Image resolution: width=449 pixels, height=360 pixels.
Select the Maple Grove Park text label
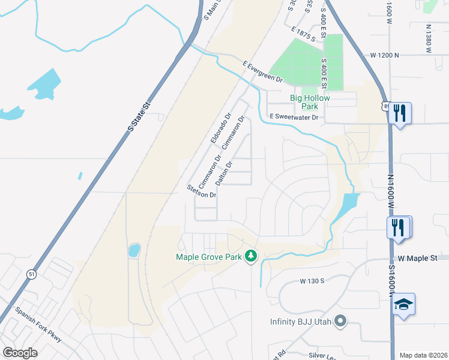pos(208,257)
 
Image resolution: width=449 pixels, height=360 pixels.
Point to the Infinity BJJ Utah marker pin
pos(341,321)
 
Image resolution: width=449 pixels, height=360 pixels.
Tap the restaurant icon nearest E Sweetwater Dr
pos(399,112)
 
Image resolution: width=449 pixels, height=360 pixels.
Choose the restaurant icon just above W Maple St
pos(399,227)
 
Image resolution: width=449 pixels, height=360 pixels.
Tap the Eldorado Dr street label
pos(220,128)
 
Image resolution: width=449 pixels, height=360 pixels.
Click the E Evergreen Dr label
pos(262,71)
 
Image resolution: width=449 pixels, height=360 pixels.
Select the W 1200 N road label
pos(385,55)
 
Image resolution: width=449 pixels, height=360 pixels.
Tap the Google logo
pos(20,353)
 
